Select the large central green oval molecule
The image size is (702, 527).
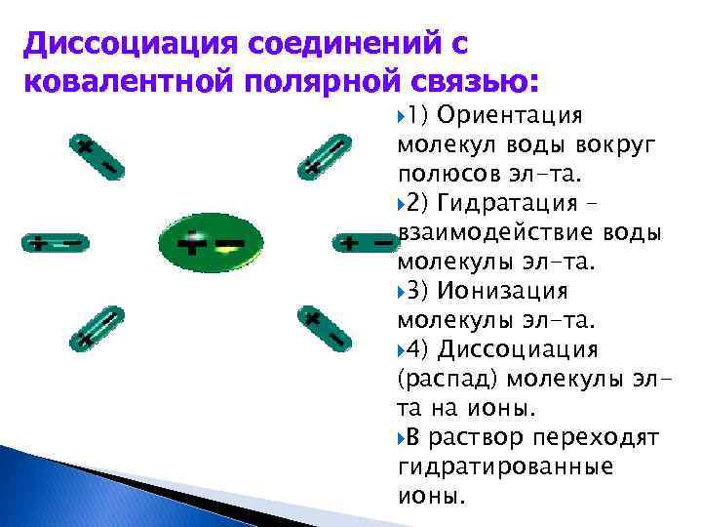[x=210, y=240]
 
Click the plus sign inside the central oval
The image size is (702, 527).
[x=194, y=241]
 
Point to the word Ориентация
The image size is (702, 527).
[x=510, y=115]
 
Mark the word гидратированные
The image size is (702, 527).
[x=505, y=466]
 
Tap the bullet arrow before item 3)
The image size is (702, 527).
[x=405, y=292]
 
